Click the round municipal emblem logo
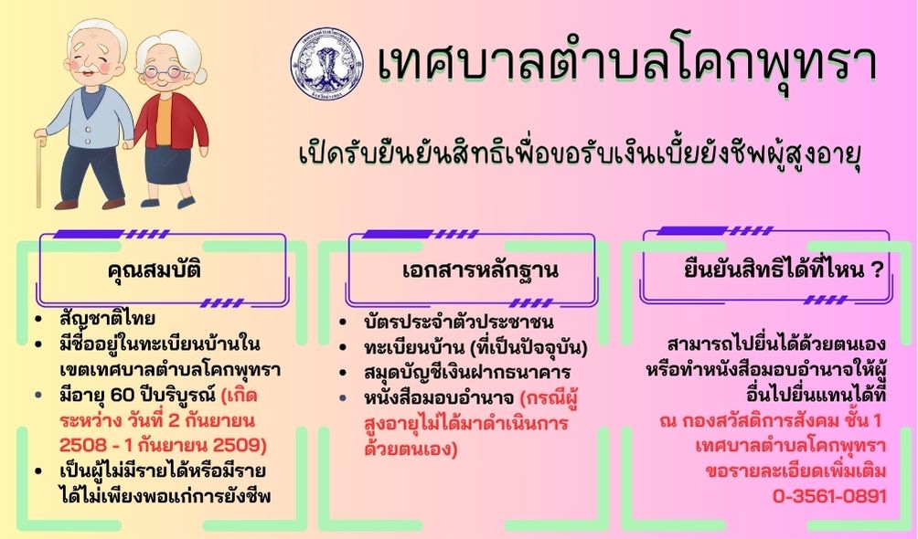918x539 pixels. [x=326, y=63]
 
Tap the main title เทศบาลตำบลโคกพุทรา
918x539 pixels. [x=626, y=63]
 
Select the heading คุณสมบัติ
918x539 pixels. [x=155, y=271]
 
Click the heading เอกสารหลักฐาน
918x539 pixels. [x=481, y=271]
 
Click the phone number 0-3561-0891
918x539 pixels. [x=829, y=496]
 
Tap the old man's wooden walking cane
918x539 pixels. [x=39, y=170]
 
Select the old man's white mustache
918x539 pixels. [x=88, y=67]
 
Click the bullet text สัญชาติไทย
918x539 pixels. [x=107, y=319]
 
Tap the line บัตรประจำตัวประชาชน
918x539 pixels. [x=458, y=322]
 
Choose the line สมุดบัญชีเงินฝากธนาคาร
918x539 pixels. [x=467, y=373]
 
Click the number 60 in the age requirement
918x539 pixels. [x=123, y=395]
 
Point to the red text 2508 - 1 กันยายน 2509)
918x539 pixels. [x=163, y=446]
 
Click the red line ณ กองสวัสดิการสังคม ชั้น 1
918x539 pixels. [x=771, y=421]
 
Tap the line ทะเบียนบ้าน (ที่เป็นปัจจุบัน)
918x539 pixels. [x=475, y=347]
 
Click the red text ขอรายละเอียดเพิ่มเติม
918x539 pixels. [x=795, y=471]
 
